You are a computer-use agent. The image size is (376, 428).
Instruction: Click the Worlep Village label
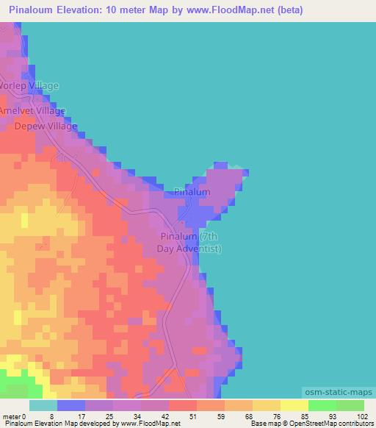[29, 86]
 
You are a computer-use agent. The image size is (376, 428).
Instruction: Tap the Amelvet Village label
[33, 110]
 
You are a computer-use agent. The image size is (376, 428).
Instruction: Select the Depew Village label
[46, 126]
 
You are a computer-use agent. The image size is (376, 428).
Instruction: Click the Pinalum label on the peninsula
[192, 192]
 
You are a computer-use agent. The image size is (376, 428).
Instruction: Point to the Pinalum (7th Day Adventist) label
[189, 243]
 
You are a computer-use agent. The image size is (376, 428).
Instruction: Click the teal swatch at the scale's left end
[43, 405]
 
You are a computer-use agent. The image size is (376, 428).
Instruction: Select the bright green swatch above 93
[322, 405]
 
